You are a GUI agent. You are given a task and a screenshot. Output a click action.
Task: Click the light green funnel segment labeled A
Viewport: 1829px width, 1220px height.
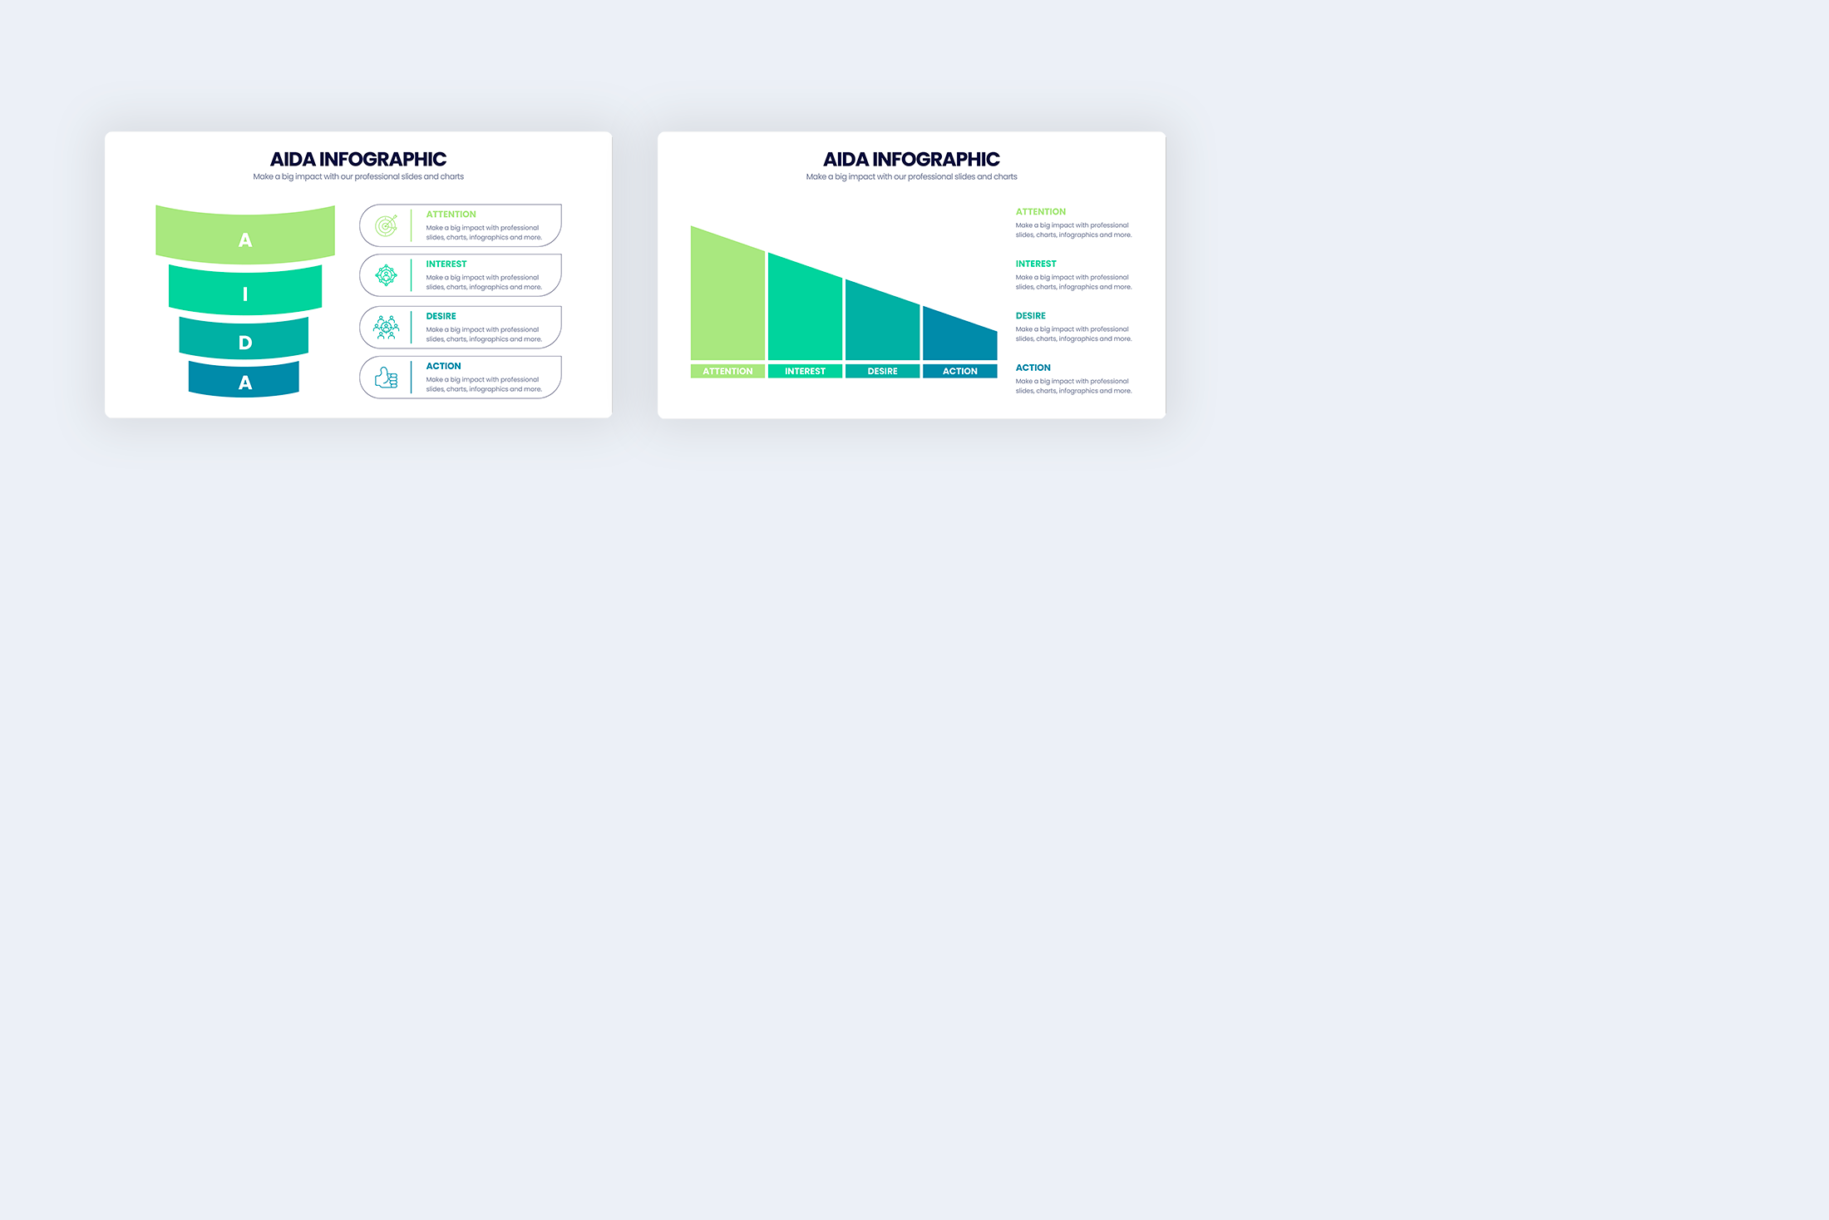pyautogui.click(x=245, y=235)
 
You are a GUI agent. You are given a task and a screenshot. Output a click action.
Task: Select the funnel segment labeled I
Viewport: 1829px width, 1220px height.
pyautogui.click(x=245, y=290)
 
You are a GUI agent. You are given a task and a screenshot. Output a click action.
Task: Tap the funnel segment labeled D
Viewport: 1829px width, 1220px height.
pyautogui.click(x=244, y=338)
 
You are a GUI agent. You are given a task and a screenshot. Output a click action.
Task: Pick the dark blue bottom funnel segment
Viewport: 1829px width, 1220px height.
pyautogui.click(x=244, y=379)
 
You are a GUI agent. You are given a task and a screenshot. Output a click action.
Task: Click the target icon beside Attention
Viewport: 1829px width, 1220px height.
pyautogui.click(x=386, y=225)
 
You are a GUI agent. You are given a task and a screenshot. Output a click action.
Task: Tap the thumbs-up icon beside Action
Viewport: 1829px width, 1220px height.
pyautogui.click(x=386, y=378)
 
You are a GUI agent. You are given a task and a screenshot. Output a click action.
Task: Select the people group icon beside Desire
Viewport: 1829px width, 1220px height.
pyautogui.click(x=386, y=327)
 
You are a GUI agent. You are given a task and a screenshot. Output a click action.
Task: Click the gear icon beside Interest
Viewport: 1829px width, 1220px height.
pyautogui.click(x=386, y=275)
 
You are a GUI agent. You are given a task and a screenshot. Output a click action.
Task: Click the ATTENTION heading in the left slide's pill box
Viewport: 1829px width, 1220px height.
pyautogui.click(x=451, y=215)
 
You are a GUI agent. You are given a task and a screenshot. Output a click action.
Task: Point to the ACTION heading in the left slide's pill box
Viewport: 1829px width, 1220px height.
pyautogui.click(x=443, y=366)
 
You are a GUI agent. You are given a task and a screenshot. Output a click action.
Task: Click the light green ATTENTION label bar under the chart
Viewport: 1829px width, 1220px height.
pyautogui.click(x=727, y=371)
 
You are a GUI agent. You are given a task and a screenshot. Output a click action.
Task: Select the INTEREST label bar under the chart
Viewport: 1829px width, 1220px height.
pyautogui.click(x=805, y=371)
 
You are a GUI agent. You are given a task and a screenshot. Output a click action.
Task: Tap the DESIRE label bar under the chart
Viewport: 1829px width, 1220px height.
pyautogui.click(x=882, y=371)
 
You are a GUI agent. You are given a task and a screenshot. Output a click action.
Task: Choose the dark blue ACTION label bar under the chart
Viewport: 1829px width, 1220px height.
pyautogui.click(x=959, y=371)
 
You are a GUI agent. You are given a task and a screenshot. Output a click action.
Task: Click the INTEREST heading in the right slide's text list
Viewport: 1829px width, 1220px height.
pyautogui.click(x=1036, y=264)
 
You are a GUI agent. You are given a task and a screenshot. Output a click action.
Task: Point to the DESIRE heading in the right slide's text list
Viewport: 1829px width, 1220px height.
pyautogui.click(x=1031, y=316)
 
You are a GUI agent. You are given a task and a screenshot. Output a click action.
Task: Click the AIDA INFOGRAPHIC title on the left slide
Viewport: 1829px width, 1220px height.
pyautogui.click(x=358, y=159)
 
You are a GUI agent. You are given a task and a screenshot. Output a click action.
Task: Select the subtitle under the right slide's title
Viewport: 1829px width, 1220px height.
pyautogui.click(x=911, y=176)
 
